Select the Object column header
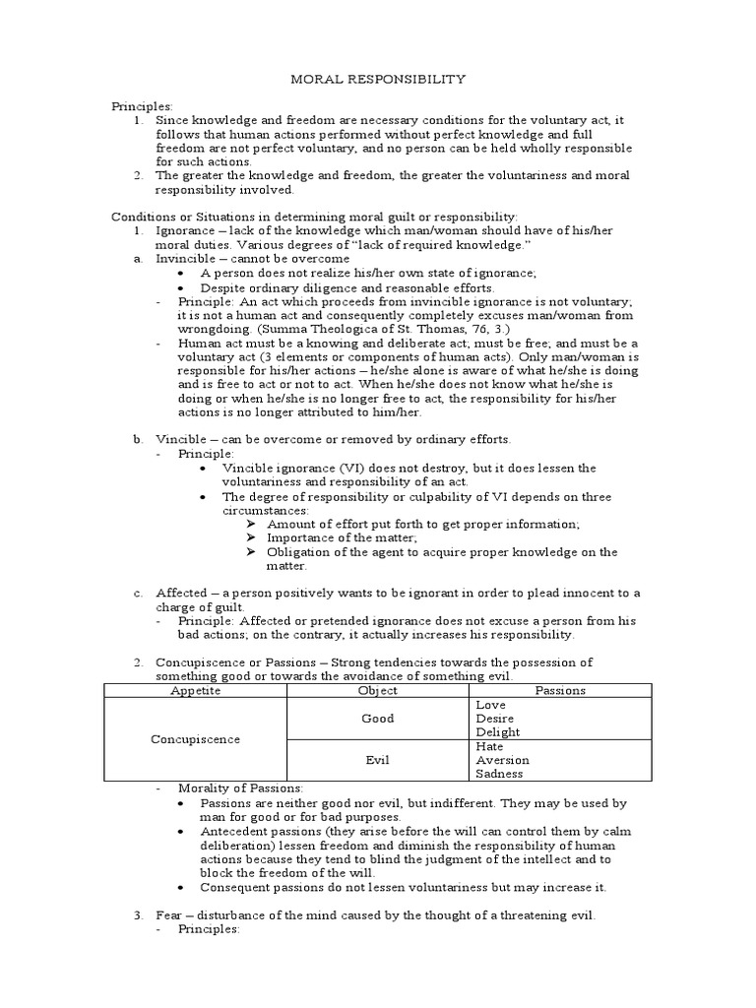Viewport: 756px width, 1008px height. click(377, 690)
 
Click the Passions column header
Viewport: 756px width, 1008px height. click(559, 690)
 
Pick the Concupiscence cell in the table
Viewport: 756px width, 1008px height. click(195, 739)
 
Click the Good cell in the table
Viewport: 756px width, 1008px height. click(377, 719)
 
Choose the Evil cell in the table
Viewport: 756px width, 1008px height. click(377, 760)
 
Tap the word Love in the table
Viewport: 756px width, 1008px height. click(490, 705)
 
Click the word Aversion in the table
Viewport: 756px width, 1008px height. click(502, 760)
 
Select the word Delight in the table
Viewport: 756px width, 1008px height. click(498, 732)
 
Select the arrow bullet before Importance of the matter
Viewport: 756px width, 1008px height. click(253, 537)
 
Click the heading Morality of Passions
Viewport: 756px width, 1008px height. click(241, 788)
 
